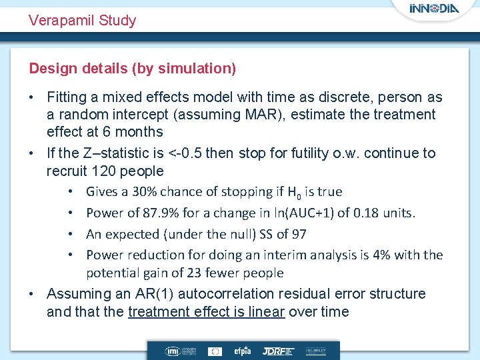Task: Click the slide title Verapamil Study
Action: [x=82, y=21]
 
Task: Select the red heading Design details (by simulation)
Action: [x=132, y=69]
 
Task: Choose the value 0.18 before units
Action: [x=371, y=213]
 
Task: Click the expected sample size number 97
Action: [x=299, y=234]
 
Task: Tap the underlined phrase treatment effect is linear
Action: [x=206, y=312]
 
